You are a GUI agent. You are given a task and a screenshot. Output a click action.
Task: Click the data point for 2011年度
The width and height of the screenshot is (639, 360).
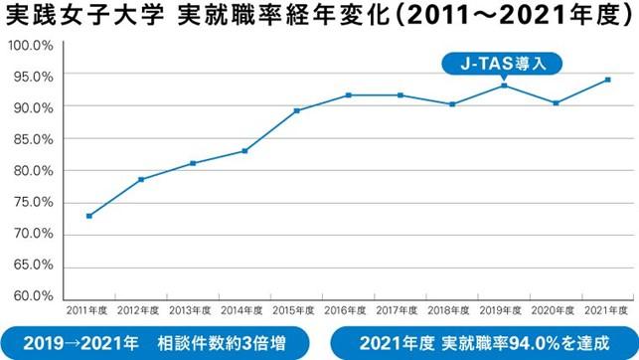(89, 216)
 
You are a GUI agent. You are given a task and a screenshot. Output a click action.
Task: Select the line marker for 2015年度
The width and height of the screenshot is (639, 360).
(297, 110)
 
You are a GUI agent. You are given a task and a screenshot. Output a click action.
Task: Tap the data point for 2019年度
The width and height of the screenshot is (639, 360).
(504, 86)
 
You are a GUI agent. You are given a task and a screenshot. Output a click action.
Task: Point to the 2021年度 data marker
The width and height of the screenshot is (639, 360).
(608, 80)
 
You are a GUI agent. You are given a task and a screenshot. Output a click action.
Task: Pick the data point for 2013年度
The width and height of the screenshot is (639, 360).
(193, 163)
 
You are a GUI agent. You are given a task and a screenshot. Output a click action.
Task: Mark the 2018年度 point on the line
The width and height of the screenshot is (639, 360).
(452, 104)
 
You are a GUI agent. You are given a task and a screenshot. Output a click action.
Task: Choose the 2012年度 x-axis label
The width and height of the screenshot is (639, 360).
(141, 310)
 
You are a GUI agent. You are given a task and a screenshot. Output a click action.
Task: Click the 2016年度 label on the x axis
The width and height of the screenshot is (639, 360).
(349, 310)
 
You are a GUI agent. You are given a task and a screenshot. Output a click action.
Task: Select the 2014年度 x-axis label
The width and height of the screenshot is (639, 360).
(244, 310)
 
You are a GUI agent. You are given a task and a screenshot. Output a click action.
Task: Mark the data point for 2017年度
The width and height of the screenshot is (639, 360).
(400, 95)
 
